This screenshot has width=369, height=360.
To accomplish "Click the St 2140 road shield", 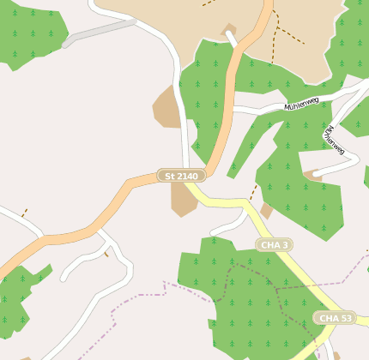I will tap(181, 176).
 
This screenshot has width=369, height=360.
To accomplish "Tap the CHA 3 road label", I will tap(274, 245).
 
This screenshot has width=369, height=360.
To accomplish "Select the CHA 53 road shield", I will tap(334, 318).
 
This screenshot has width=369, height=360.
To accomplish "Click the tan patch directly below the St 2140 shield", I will tap(182, 201).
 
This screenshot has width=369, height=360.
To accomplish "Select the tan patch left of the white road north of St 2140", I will tap(166, 108).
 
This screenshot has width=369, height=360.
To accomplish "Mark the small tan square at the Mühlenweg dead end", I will tap(309, 176).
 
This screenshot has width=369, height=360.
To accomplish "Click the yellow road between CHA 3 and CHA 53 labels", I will tap(304, 282).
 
